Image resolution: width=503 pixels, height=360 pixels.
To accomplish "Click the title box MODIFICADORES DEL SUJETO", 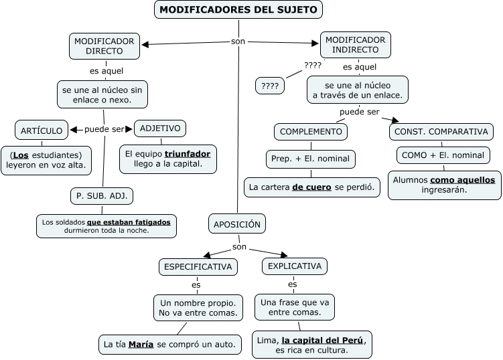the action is (x=238, y=9).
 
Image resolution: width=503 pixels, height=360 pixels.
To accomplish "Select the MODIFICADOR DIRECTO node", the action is (x=104, y=46).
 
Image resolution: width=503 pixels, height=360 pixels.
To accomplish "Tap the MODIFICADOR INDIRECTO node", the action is (x=355, y=45).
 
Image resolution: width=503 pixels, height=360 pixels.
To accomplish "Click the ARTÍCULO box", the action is (x=42, y=130).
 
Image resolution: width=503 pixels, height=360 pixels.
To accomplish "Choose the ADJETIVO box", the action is (x=160, y=128).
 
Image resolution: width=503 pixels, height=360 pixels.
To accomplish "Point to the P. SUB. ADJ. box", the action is (x=102, y=196).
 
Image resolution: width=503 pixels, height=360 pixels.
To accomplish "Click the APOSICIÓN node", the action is (x=237, y=224).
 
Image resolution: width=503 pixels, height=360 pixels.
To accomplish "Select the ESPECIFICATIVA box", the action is (x=198, y=267).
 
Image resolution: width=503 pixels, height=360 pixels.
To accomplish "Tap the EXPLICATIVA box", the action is (x=295, y=266).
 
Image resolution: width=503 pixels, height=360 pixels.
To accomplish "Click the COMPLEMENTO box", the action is (x=311, y=132).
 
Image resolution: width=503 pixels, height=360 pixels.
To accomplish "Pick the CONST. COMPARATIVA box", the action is (x=441, y=132).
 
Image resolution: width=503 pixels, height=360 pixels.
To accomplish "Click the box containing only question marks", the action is (x=270, y=86).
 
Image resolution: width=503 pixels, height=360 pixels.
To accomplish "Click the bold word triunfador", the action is (x=188, y=154).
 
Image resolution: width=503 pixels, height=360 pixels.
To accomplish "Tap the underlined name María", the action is (x=141, y=345).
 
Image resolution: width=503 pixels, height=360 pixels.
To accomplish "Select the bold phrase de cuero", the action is (x=311, y=187).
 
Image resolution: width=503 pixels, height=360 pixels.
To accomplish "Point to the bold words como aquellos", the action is (x=462, y=180).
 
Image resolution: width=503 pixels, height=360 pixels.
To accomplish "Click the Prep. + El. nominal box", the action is (x=311, y=159).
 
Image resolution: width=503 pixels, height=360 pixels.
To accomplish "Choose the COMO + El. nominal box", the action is (x=443, y=155).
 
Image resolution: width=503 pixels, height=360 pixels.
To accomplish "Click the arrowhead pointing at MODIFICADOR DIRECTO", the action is (x=145, y=45).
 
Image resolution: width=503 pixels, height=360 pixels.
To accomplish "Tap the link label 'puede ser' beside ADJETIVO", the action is (x=104, y=129).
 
